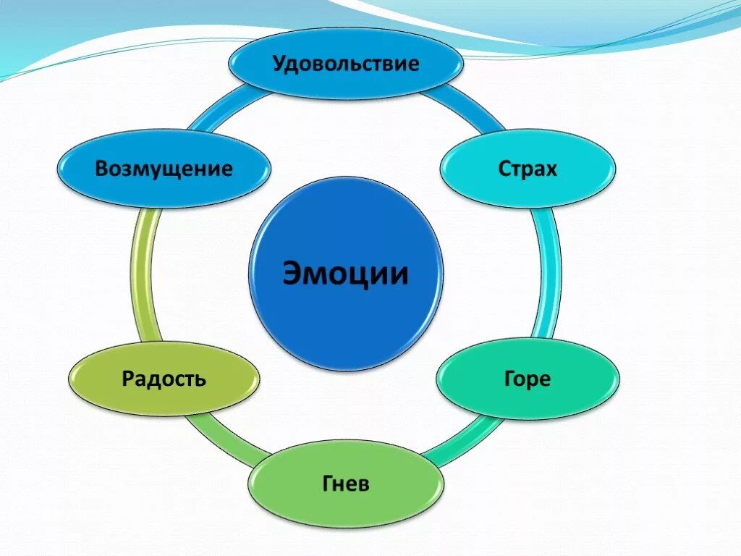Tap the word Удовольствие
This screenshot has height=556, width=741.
tap(346, 64)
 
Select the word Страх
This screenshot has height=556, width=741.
tap(528, 169)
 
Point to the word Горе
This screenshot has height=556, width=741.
tap(527, 379)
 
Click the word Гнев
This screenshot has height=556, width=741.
tap(345, 483)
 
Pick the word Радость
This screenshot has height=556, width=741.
tap(164, 378)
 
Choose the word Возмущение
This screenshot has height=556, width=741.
tap(164, 169)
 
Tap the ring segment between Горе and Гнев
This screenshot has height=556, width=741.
tap(463, 439)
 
